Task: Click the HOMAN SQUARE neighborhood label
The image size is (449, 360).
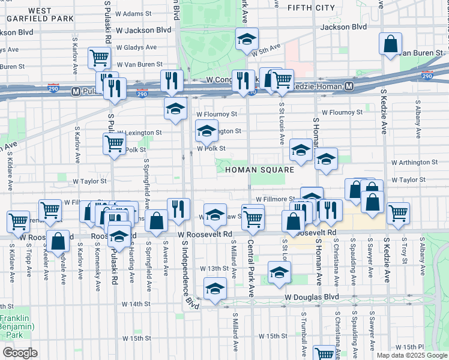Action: point(259,170)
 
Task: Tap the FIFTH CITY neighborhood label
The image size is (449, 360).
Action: point(310,8)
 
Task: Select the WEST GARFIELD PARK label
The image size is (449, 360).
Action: point(40,14)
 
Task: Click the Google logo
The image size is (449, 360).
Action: point(20,353)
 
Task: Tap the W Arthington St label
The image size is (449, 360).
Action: point(414,162)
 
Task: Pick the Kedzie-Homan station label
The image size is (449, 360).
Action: point(316,87)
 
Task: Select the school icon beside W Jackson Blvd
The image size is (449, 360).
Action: point(246,39)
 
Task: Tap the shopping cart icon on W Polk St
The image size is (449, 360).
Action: point(114,143)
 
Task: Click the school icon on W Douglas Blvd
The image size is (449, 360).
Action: point(214,289)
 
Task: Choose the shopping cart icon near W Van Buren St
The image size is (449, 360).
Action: point(99,58)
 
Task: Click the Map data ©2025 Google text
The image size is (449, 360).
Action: point(411,355)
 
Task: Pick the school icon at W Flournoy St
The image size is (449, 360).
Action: point(175,109)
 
